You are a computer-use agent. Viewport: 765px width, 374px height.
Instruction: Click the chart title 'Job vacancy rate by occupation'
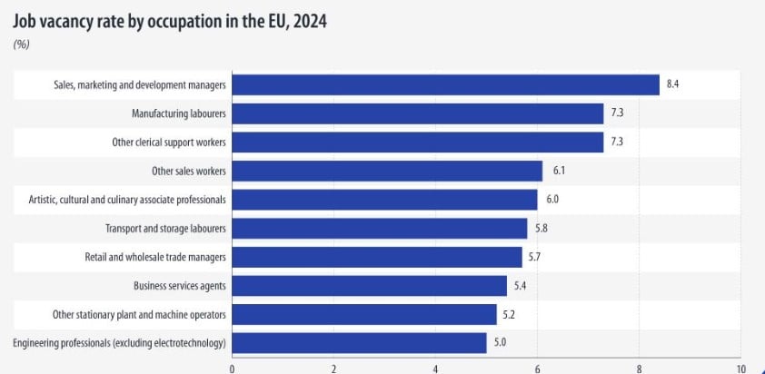[169, 22]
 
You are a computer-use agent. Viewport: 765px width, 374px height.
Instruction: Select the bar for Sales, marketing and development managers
[446, 84]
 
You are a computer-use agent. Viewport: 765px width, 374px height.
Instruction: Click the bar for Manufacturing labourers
[418, 113]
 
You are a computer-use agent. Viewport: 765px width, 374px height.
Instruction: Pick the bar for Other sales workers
[387, 171]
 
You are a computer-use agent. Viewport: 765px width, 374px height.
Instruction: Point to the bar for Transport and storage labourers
[380, 228]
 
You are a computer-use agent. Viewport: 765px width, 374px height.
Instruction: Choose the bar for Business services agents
[370, 286]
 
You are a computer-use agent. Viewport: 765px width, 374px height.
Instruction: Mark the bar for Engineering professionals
[360, 343]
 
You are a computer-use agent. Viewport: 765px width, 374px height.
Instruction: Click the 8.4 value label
[673, 84]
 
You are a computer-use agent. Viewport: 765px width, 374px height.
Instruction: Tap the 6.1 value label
[558, 171]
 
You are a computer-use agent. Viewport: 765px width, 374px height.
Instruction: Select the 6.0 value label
[553, 200]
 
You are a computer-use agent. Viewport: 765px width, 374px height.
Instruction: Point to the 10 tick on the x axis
[740, 369]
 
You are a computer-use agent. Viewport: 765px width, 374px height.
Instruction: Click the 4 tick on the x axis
[436, 369]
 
